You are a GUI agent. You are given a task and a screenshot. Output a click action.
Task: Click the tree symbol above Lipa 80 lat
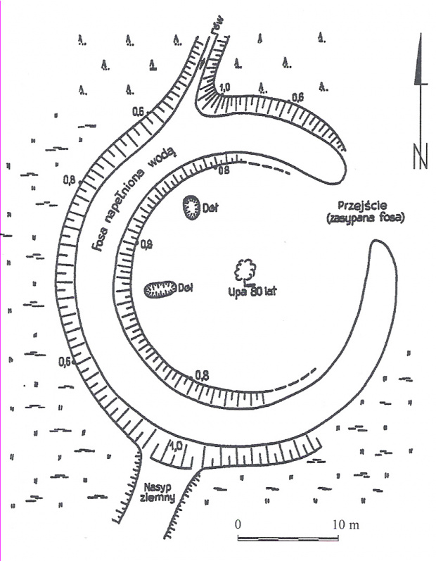[x=245, y=270]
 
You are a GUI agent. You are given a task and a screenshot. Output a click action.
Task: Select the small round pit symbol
[x=191, y=208]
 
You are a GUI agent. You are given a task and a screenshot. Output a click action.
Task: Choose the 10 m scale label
[x=346, y=526]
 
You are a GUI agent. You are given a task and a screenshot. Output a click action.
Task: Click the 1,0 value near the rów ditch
[x=224, y=88]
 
